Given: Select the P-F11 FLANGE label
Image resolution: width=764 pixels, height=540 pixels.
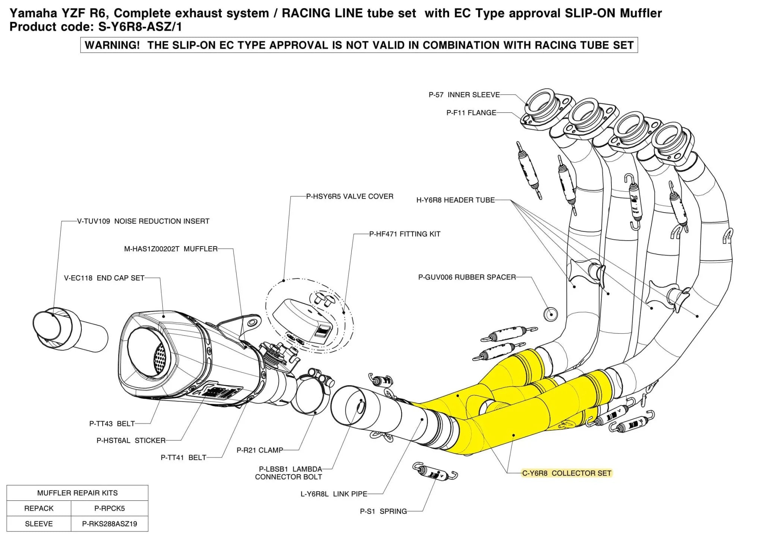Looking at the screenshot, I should coord(471,113).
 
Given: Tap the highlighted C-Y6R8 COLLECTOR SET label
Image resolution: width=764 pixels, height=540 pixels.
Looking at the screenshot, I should coord(566,473).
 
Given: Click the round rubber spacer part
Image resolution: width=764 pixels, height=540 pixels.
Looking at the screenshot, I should coord(550,314).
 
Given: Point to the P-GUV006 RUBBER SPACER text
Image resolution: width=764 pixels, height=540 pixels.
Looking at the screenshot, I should coord(467,277).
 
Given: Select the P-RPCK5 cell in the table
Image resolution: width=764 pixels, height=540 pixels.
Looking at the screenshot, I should coord(109,508).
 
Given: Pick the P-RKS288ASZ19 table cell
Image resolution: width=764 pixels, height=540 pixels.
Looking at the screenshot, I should coord(109,524).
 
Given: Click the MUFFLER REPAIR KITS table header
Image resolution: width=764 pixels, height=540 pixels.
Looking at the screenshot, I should coord(77,493).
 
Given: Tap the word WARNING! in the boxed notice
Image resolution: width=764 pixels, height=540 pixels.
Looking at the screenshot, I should coord(112,45).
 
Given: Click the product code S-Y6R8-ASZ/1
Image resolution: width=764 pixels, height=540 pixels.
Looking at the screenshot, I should coord(140,27).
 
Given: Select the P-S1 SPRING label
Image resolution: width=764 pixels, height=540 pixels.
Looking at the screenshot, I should coord(383,511).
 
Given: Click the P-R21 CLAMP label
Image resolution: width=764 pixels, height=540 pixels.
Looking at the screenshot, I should coord(260,450).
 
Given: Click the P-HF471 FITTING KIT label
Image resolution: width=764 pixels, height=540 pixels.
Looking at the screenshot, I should coord(405,234).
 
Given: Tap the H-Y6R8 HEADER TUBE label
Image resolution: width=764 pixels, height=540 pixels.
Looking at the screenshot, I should coord(455,200).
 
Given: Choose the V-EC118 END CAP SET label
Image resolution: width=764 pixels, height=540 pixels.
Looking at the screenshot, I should coord(104,278).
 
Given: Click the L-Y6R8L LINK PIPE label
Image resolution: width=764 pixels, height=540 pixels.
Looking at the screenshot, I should coord(334,494).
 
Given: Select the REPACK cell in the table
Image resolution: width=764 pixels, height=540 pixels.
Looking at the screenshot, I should coord(39,508).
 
